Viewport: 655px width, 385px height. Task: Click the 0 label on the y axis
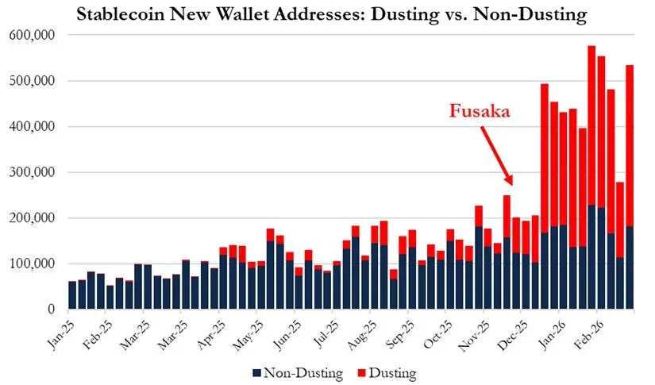click(x=52, y=309)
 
